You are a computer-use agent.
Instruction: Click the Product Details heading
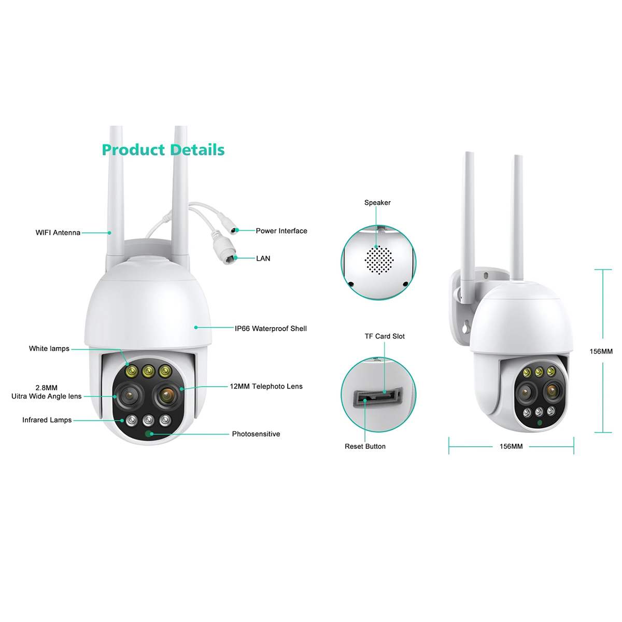coord(163,150)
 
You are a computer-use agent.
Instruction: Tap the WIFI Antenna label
coord(58,233)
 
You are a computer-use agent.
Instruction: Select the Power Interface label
coord(281,231)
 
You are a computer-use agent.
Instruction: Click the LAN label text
coord(263,258)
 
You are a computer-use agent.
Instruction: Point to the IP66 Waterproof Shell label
coord(271,328)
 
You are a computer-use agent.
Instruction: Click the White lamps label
coord(49,348)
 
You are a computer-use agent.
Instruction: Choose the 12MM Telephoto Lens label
coord(266,386)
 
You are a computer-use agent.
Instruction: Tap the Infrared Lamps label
coord(47,420)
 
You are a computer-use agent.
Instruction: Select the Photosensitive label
coord(256,434)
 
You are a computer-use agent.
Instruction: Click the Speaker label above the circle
coord(377,203)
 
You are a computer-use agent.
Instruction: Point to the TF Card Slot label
coord(385,336)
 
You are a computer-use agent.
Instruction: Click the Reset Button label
coord(365,446)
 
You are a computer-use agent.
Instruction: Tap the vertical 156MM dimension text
coord(601,351)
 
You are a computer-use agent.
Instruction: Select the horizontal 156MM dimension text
coord(511,446)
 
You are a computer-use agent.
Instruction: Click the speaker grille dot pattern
coord(379,260)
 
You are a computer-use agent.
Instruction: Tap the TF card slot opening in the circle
coord(378,398)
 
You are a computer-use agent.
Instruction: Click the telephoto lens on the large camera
coord(166,395)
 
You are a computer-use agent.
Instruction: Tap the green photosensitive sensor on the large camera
coord(149,434)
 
